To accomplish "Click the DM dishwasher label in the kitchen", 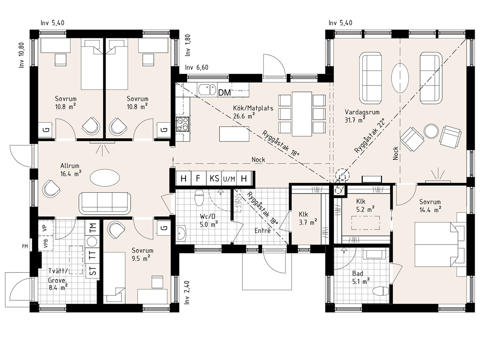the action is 225,92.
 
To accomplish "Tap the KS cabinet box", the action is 214,178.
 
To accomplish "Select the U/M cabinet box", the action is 229,178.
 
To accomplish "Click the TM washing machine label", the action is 92,227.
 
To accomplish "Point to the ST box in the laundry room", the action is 92,270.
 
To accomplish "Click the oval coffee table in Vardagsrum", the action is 400,77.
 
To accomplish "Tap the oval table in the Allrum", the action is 105,177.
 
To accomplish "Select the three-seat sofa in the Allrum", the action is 105,203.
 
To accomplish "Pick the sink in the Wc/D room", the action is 181,233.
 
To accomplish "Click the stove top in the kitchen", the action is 182,124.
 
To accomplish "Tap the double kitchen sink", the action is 207,90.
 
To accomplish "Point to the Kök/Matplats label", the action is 253,108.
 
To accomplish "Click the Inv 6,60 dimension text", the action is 196,67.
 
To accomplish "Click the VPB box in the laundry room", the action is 46,243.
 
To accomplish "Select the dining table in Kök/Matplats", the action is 302,113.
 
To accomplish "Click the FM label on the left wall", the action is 25,246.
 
